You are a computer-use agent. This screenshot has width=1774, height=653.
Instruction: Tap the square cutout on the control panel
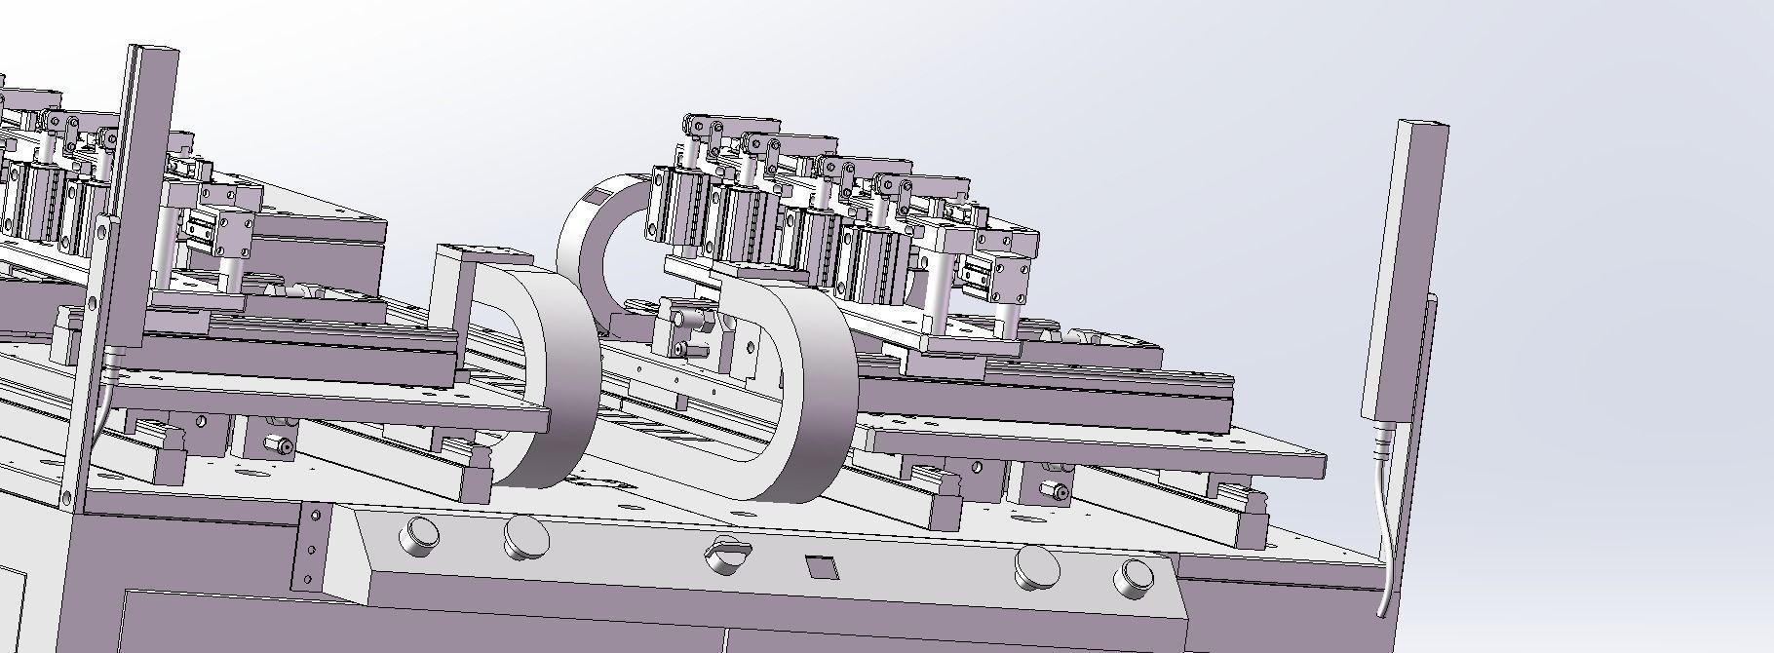(822, 566)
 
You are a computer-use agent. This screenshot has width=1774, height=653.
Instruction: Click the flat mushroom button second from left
(525, 538)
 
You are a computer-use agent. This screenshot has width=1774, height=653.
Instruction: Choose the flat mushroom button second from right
(1035, 567)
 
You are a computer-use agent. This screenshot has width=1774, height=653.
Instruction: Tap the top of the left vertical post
(152, 54)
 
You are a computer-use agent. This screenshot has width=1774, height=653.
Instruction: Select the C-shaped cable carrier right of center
(809, 390)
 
